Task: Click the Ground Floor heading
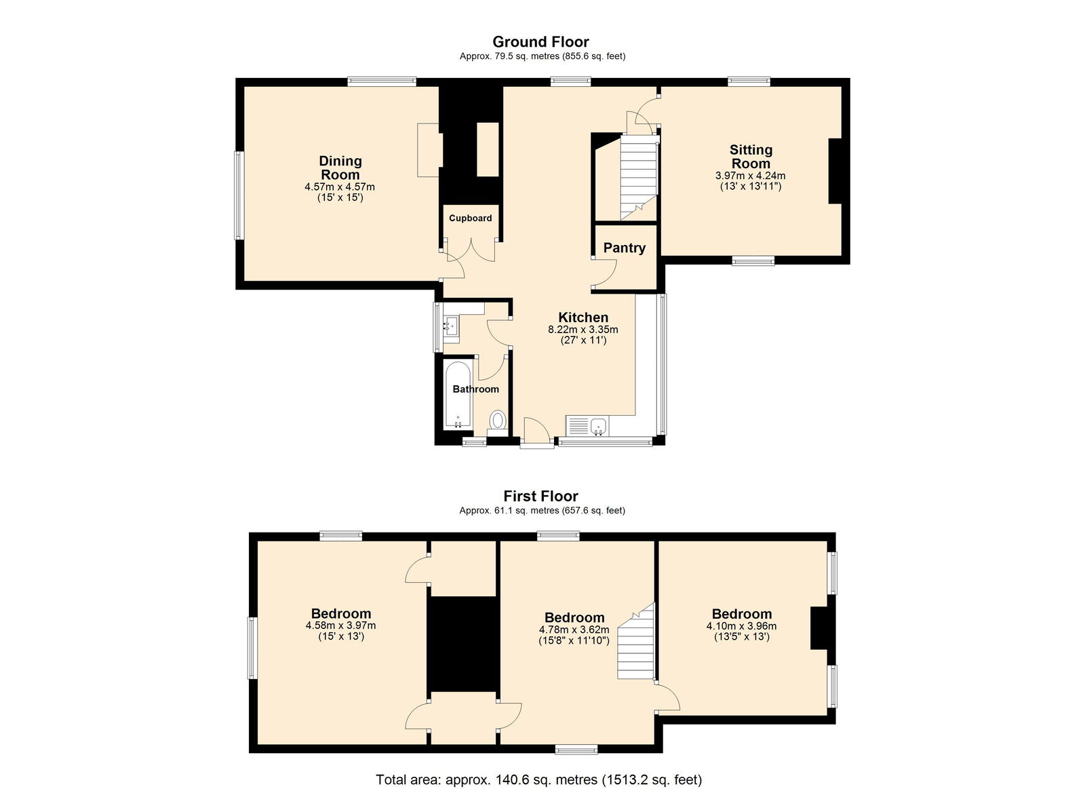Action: pos(540,41)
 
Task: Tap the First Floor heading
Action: pos(540,497)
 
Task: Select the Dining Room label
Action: pos(340,168)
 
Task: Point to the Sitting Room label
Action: pos(751,157)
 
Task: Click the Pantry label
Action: pos(625,248)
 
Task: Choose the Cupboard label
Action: pos(471,218)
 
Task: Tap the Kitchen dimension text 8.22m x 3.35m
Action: pos(583,330)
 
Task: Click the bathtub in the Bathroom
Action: pos(457,396)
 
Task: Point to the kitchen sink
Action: pos(599,426)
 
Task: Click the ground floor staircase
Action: pos(639,178)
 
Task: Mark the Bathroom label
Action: pos(475,389)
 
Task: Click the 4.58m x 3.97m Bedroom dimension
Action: pos(340,626)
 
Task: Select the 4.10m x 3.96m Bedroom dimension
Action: pos(742,626)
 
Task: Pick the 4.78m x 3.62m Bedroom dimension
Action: pos(574,630)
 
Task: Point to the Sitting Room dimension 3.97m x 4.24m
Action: pos(750,176)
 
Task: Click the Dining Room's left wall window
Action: pos(239,195)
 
